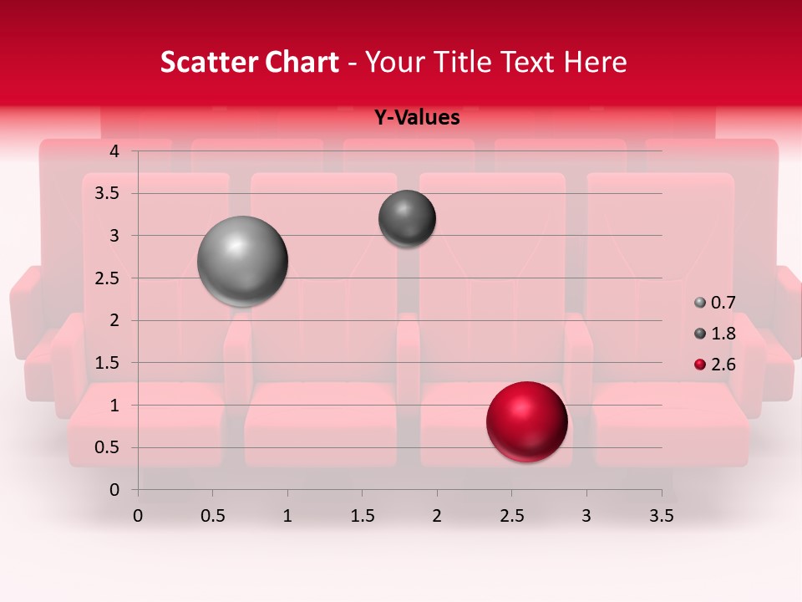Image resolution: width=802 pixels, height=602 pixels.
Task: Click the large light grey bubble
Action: point(242,261)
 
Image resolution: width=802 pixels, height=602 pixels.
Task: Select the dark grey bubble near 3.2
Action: point(407,218)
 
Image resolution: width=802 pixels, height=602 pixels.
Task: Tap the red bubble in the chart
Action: point(526,421)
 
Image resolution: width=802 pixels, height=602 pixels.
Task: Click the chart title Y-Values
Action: point(416,118)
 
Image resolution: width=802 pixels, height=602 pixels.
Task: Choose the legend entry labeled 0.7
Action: point(715,303)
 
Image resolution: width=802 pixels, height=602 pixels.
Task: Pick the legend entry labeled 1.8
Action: point(715,334)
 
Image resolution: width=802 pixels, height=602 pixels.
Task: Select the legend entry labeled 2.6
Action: point(715,364)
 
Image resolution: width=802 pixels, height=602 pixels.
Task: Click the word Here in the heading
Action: point(595,62)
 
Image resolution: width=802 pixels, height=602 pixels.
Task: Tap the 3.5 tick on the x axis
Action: point(662,516)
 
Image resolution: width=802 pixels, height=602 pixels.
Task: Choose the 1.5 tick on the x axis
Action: point(362,516)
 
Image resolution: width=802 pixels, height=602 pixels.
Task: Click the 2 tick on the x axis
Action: point(437,516)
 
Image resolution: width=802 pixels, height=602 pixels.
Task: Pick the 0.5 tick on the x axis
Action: point(212,516)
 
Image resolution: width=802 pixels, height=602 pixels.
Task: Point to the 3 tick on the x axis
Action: point(586,516)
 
